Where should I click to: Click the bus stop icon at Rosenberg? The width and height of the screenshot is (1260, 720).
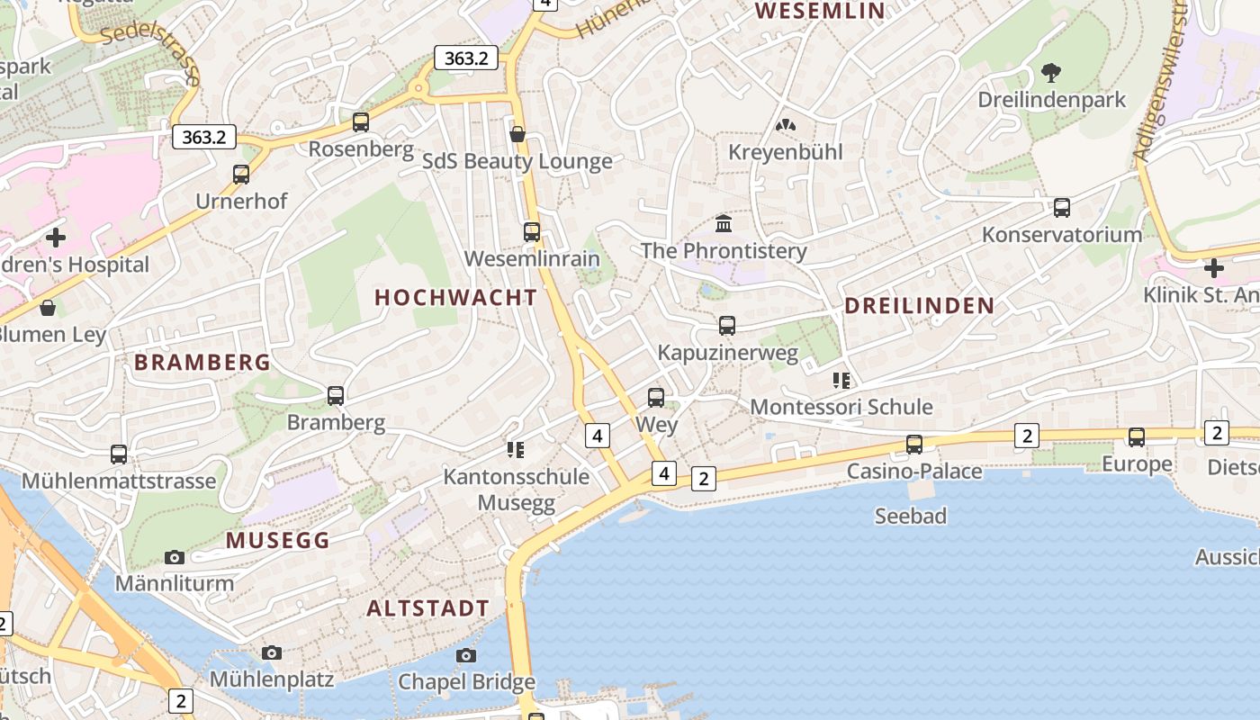click(361, 122)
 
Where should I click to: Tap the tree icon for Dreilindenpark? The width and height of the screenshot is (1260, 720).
click(1050, 73)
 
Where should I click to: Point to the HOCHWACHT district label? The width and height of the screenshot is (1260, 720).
click(455, 297)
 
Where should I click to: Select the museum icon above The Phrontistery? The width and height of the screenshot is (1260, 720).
click(724, 223)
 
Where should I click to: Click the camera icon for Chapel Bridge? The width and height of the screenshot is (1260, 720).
click(465, 655)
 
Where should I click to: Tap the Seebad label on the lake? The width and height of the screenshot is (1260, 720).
click(911, 516)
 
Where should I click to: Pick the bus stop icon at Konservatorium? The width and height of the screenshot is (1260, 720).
click(1062, 208)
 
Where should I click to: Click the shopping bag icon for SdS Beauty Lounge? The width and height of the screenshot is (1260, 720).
click(517, 135)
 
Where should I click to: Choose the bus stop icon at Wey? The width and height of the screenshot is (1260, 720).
click(656, 397)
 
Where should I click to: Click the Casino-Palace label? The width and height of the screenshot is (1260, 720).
click(914, 472)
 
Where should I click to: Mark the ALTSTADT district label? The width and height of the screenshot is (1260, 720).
click(427, 608)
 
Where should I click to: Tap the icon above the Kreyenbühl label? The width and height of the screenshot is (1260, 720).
click(786, 125)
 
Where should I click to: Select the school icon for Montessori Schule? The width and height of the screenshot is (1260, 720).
click(841, 380)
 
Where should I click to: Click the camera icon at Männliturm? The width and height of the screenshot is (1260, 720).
click(175, 557)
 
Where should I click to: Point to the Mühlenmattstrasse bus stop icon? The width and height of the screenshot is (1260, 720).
click(119, 454)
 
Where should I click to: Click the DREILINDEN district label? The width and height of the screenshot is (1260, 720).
click(919, 306)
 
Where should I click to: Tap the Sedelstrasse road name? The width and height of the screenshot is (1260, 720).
click(149, 50)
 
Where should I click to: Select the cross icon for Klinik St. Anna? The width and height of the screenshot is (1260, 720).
click(1213, 267)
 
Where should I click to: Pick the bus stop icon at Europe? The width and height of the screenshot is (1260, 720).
click(1137, 437)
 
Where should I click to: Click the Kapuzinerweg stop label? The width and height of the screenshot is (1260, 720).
click(727, 353)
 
